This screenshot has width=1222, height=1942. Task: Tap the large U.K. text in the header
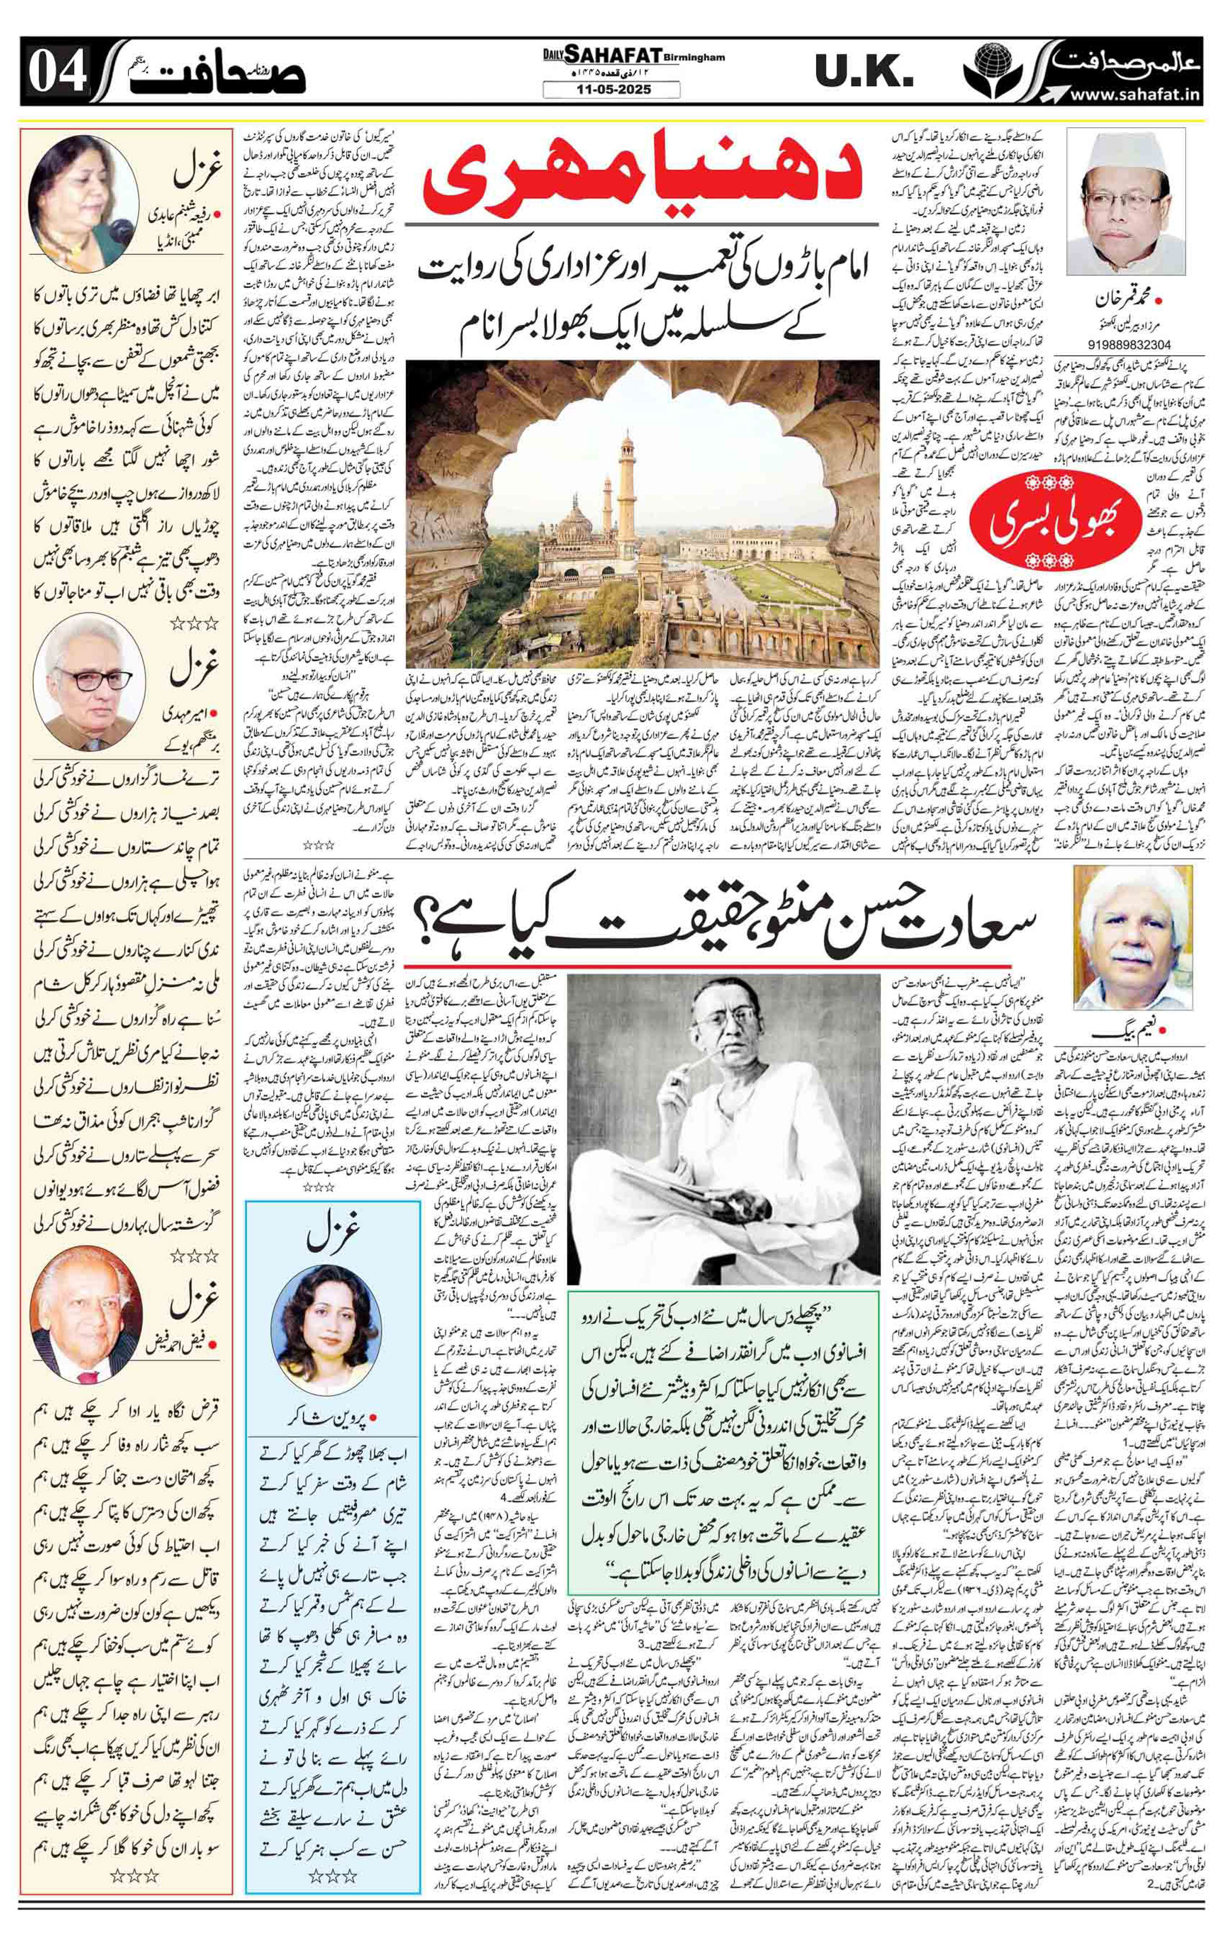click(863, 74)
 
